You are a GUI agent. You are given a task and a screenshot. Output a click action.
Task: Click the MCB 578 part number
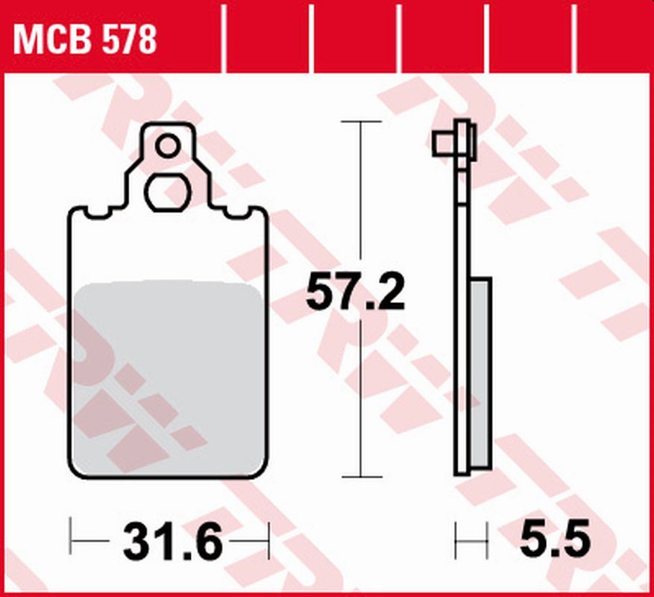coord(85,39)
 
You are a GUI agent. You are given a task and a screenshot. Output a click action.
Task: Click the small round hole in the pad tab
coord(168,146)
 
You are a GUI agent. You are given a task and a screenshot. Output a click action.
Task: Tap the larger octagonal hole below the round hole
coord(169,193)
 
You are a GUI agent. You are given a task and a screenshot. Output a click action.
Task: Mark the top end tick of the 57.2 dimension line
coord(361,121)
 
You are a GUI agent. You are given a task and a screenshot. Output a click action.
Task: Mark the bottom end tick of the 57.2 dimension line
coord(361,477)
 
